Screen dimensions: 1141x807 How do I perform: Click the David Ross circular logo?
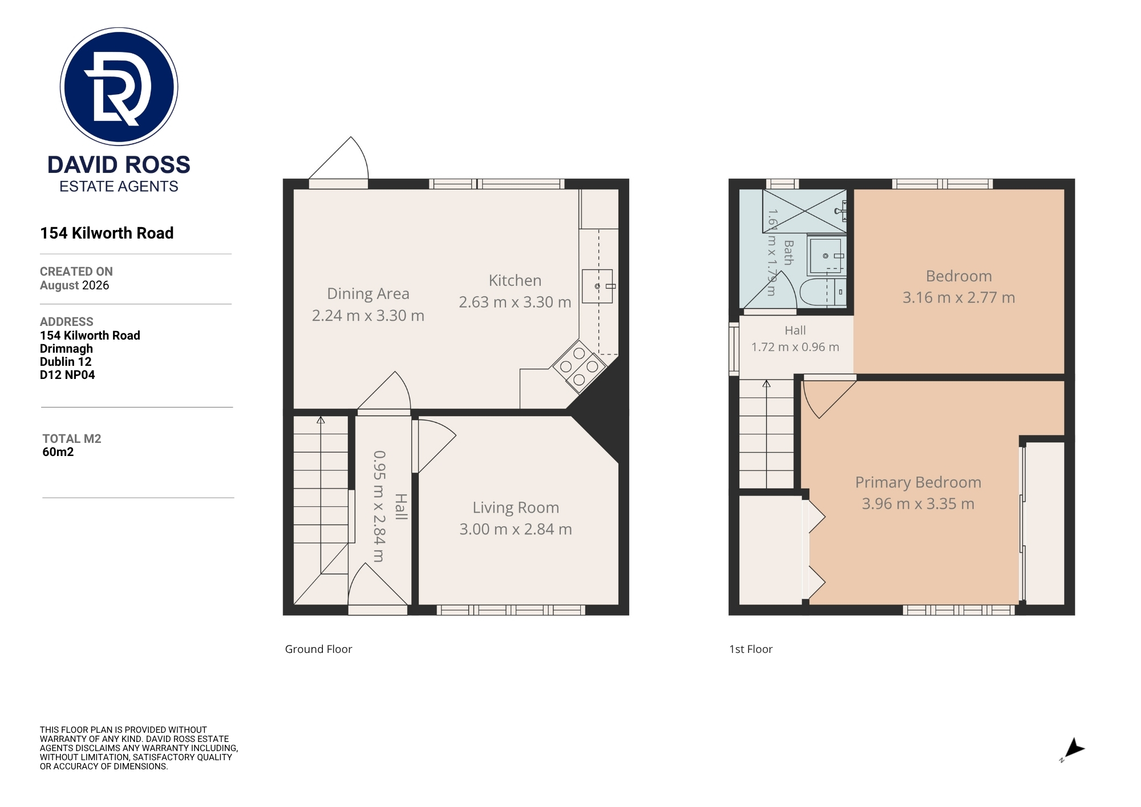point(119,86)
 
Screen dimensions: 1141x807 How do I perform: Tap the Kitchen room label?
point(515,280)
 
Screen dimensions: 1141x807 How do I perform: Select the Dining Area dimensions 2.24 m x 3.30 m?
point(368,316)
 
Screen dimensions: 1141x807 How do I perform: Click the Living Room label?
point(516,507)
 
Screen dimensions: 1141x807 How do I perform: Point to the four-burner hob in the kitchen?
point(578,366)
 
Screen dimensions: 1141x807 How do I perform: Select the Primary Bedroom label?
point(918,482)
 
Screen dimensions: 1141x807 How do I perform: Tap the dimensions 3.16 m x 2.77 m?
point(958,297)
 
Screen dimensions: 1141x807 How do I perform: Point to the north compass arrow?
point(1074,749)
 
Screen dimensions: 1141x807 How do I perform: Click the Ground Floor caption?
point(318,649)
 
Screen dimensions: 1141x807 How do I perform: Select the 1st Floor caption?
point(751,649)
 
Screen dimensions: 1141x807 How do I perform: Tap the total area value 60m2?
point(58,452)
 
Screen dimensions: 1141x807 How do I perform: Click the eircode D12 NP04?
point(67,375)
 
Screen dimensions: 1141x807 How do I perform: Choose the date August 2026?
point(74,285)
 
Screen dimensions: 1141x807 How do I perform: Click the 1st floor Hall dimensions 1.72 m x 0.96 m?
point(795,347)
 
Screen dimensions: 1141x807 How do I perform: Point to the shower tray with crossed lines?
point(804,211)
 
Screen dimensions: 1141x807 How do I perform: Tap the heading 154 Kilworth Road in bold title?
point(107,233)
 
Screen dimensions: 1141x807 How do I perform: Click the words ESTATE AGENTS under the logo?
point(119,187)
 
